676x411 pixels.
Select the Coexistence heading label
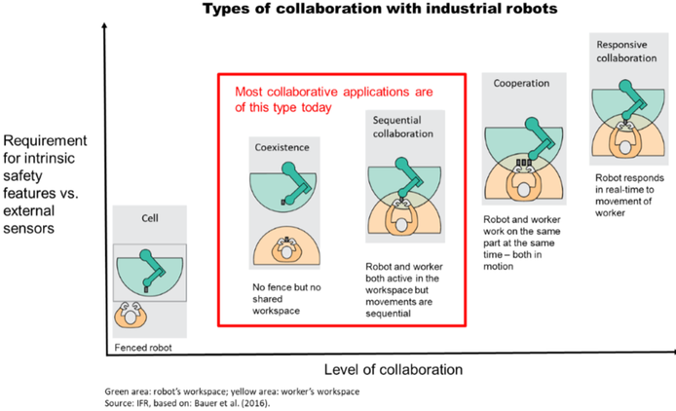coord(281,147)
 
